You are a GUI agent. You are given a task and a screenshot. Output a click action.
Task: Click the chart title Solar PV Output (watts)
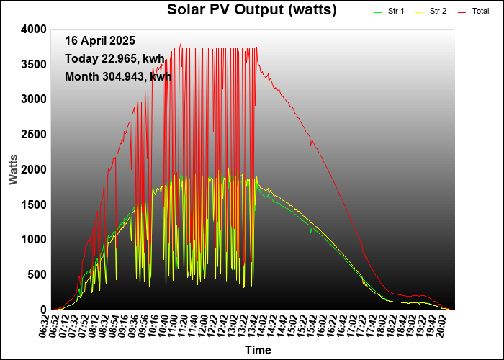click(251, 9)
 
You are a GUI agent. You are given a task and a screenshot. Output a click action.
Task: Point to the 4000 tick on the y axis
click(33, 29)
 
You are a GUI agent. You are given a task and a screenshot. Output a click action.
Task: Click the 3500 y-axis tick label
click(33, 64)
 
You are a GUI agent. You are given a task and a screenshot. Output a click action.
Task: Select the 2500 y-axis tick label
click(33, 134)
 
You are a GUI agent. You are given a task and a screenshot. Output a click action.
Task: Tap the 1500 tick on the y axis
click(33, 204)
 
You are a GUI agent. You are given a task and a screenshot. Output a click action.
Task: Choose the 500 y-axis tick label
click(36, 274)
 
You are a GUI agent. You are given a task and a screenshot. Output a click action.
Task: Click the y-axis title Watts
click(14, 168)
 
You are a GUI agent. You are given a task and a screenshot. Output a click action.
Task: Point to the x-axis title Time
click(258, 350)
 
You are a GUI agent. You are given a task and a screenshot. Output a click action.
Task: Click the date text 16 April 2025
click(99, 40)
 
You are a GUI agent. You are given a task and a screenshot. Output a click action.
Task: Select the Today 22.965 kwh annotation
click(114, 58)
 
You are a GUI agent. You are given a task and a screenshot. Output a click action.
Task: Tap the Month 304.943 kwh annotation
click(117, 76)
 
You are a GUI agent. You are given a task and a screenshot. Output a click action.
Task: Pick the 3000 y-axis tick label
click(33, 99)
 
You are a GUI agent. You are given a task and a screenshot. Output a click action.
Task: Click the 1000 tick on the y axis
click(33, 239)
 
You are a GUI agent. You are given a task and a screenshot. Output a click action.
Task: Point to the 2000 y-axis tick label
click(33, 169)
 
